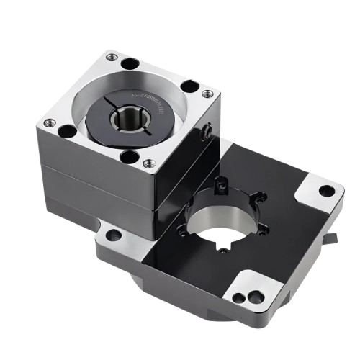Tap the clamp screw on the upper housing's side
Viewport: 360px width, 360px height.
207,133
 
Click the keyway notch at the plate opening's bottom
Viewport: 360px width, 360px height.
226,249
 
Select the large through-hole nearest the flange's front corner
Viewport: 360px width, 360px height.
129,157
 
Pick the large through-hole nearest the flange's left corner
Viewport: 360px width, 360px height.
66,132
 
